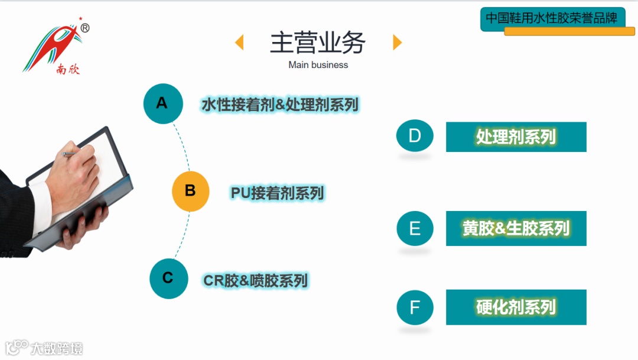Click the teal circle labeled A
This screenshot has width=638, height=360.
(x=162, y=103)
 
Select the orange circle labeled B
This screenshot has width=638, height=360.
(x=190, y=191)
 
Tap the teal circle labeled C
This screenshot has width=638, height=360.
(x=168, y=278)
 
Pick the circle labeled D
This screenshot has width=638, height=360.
(x=415, y=136)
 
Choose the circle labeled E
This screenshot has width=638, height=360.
(x=415, y=228)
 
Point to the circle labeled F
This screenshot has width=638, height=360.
(x=415, y=307)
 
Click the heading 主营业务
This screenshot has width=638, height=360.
(x=318, y=43)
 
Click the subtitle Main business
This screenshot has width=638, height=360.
(x=318, y=65)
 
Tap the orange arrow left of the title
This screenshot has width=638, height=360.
(x=239, y=43)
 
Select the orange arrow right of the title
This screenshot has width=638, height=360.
(x=397, y=43)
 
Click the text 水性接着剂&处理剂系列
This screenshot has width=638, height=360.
(x=280, y=105)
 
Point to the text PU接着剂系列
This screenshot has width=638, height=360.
(x=277, y=193)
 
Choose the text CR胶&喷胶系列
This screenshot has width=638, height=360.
(x=255, y=280)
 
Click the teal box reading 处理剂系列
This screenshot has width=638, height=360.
(x=516, y=137)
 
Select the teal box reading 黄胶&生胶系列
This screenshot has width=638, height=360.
(x=516, y=228)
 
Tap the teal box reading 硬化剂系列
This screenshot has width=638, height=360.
(x=516, y=307)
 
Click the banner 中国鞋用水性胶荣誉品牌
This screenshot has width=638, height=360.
(x=552, y=18)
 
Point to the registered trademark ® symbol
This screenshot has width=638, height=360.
(x=84, y=28)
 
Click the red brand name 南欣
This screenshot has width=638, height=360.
(x=68, y=70)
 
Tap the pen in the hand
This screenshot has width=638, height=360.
(x=69, y=154)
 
